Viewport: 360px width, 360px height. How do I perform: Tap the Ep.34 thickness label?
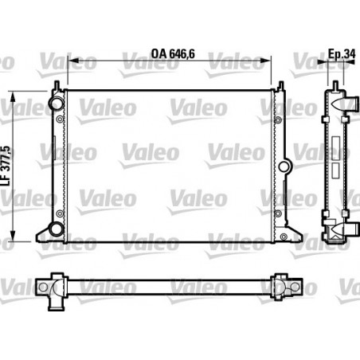click(x=341, y=55)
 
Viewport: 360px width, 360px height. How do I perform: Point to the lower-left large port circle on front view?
click(x=57, y=230)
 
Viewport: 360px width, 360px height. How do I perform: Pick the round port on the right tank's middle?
click(x=285, y=166)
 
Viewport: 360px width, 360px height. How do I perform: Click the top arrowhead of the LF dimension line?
click(x=12, y=90)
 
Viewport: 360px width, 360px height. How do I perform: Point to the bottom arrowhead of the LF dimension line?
click(x=12, y=239)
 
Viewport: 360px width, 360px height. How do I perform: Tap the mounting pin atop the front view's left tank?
click(x=57, y=84)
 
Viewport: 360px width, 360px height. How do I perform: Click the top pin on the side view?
click(x=335, y=84)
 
